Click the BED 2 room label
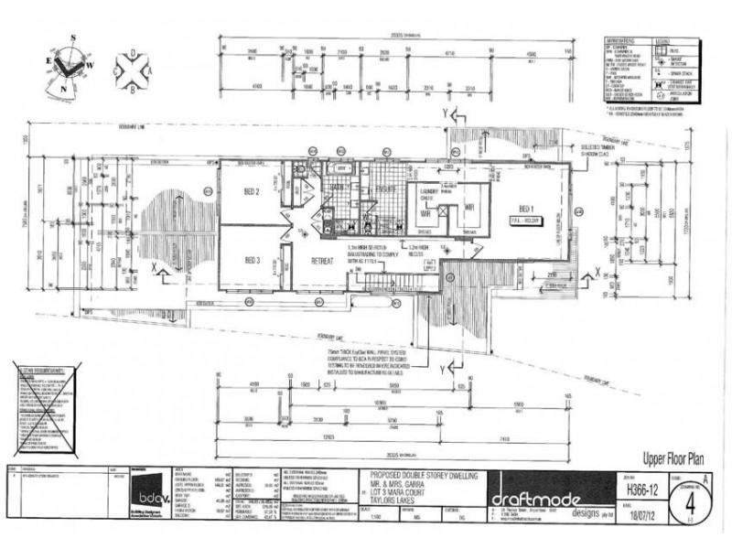252,192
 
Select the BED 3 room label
253,261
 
